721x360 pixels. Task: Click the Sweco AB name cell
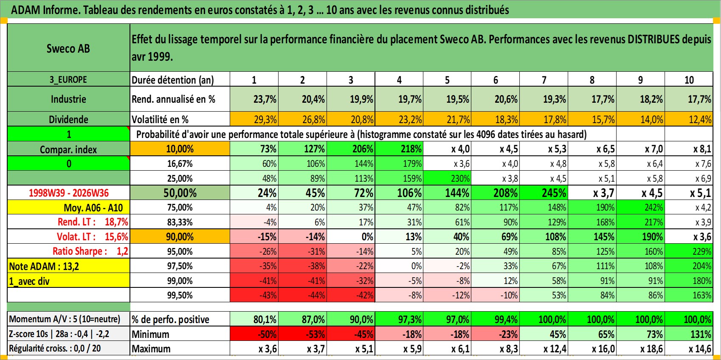[68, 48]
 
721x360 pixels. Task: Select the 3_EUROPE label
[68, 79]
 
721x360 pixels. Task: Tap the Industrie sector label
[68, 99]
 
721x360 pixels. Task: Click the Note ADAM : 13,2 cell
[68, 266]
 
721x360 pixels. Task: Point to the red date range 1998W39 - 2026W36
[69, 193]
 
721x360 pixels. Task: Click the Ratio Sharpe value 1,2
[122, 251]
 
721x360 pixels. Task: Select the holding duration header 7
[544, 80]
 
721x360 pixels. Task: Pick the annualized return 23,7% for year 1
[254, 99]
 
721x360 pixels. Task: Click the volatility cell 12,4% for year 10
[689, 119]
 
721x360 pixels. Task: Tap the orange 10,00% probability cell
[180, 149]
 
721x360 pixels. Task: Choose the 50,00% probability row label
[180, 193]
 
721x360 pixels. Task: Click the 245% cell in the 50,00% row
[544, 193]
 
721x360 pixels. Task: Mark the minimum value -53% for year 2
[303, 334]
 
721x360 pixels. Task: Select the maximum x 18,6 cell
[640, 349]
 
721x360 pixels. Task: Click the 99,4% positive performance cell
[496, 319]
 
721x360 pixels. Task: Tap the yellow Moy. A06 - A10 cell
[68, 208]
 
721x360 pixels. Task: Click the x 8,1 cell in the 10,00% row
[689, 149]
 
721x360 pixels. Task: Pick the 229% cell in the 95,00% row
[689, 251]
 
